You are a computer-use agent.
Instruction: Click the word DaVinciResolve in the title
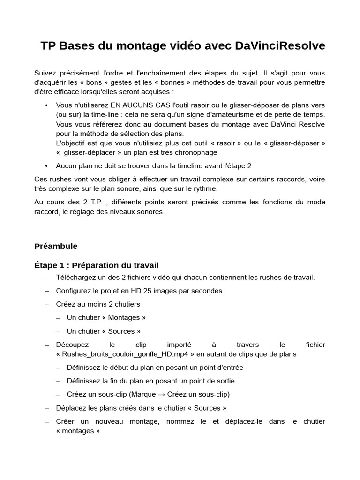[280, 45]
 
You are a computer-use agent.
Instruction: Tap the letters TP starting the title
[47, 45]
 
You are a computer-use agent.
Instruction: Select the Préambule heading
[56, 246]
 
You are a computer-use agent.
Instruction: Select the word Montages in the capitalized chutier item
[124, 317]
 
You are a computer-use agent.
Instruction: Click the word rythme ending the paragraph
[206, 188]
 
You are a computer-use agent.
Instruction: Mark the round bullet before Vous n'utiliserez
[46, 105]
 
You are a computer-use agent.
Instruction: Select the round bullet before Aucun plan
[46, 165]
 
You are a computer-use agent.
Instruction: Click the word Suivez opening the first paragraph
[46, 73]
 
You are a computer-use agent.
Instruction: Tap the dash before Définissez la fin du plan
[58, 381]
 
